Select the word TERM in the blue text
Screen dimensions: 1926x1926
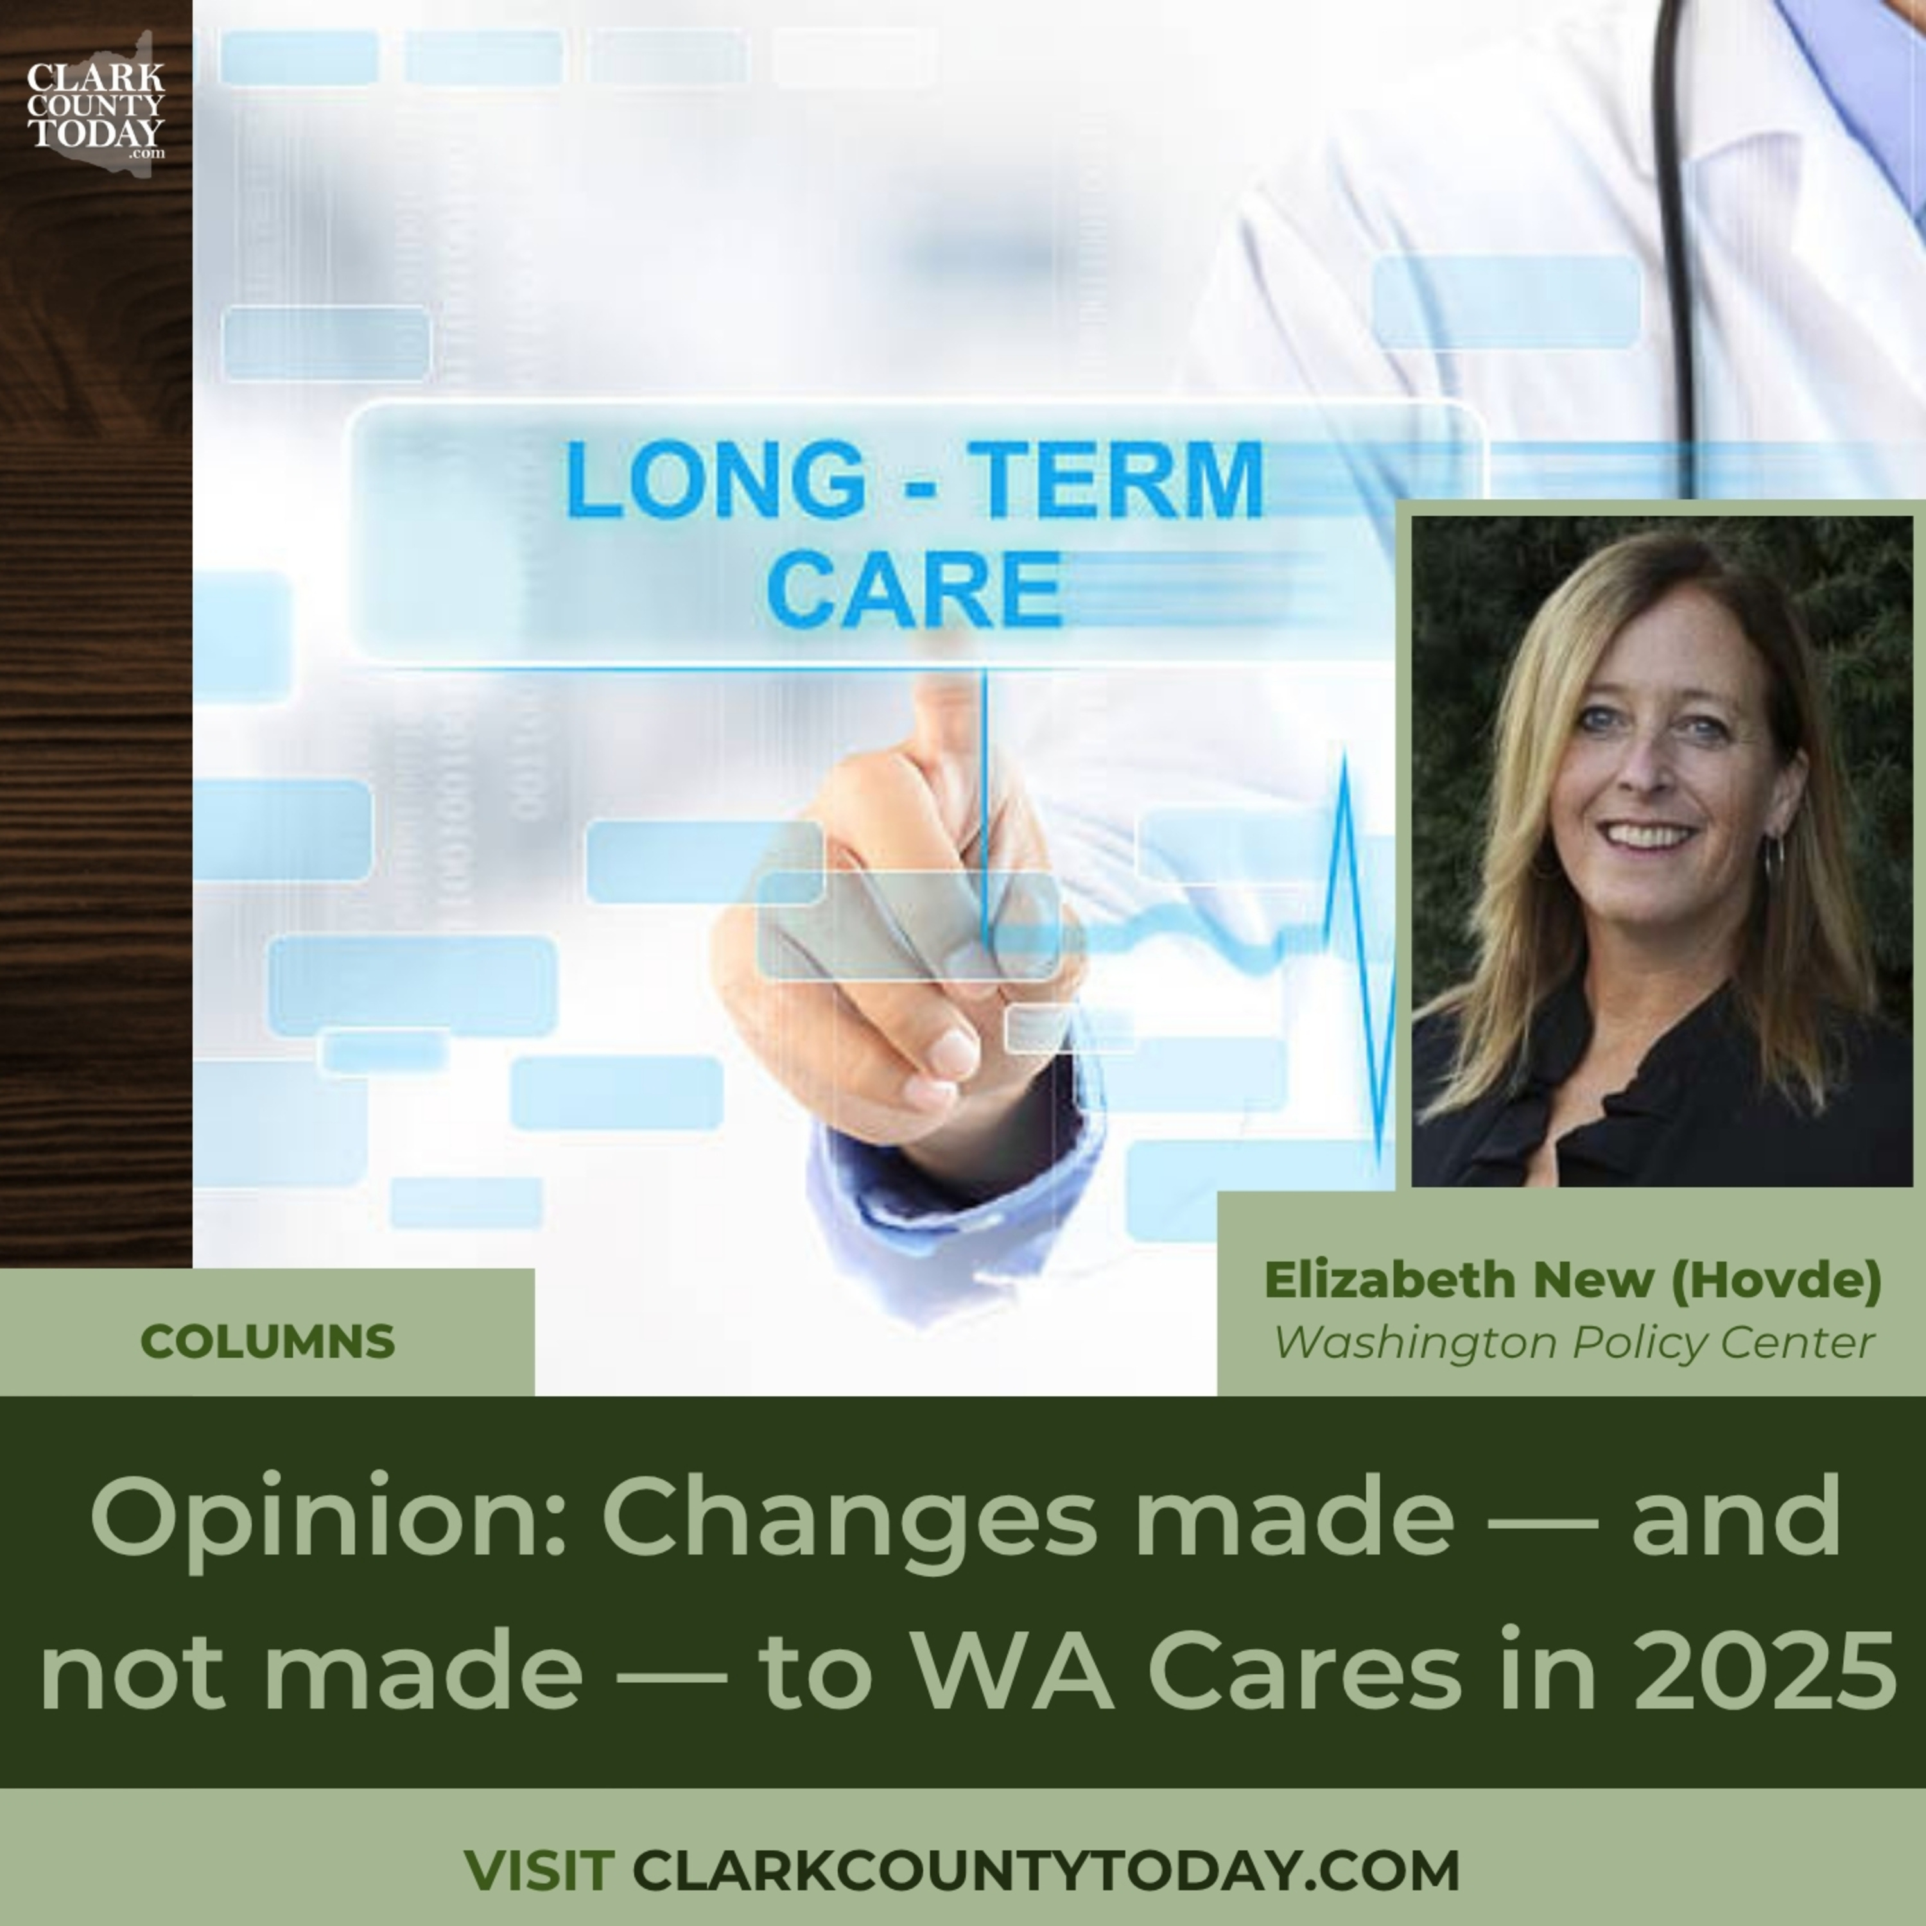click(1116, 480)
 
